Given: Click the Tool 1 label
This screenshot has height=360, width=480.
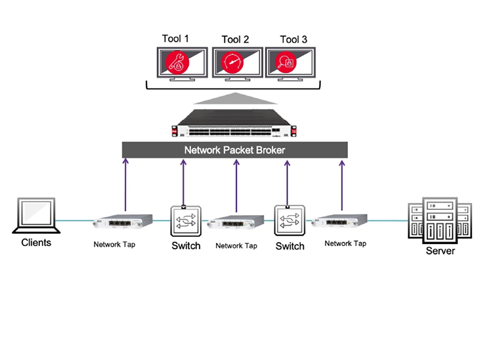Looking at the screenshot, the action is tap(175, 39).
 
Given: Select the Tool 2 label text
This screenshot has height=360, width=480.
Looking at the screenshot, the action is tap(235, 40).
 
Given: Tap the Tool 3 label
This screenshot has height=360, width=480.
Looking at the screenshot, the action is tap(294, 40).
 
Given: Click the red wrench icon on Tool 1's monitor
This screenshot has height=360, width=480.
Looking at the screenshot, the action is tap(177, 62).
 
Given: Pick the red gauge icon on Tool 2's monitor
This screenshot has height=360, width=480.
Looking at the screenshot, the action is tap(232, 62).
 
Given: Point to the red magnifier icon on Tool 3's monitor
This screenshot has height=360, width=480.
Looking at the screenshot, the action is tap(286, 62).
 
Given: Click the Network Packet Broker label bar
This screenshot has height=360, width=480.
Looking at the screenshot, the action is tap(235, 150).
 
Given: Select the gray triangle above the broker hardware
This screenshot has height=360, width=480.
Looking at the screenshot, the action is tap(235, 98).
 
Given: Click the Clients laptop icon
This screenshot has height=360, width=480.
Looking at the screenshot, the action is tap(36, 216).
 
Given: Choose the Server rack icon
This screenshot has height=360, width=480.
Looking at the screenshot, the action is tap(440, 220).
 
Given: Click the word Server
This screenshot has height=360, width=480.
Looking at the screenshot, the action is tap(440, 251).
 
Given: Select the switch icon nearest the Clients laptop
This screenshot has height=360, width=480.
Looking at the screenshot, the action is tap(186, 221).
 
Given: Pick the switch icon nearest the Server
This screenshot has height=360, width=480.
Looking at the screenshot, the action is tap(290, 220).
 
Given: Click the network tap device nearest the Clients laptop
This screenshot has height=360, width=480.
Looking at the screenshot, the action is tap(123, 222).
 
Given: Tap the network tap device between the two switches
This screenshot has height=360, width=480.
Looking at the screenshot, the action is tap(235, 222).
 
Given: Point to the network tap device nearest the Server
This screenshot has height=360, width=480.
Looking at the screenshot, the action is tap(339, 221).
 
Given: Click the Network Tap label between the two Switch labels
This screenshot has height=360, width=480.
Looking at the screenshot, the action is tap(236, 246).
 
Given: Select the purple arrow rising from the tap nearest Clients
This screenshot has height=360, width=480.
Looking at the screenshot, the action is tap(125, 185).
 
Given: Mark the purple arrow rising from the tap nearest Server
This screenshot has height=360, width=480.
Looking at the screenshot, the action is tap(342, 185).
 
